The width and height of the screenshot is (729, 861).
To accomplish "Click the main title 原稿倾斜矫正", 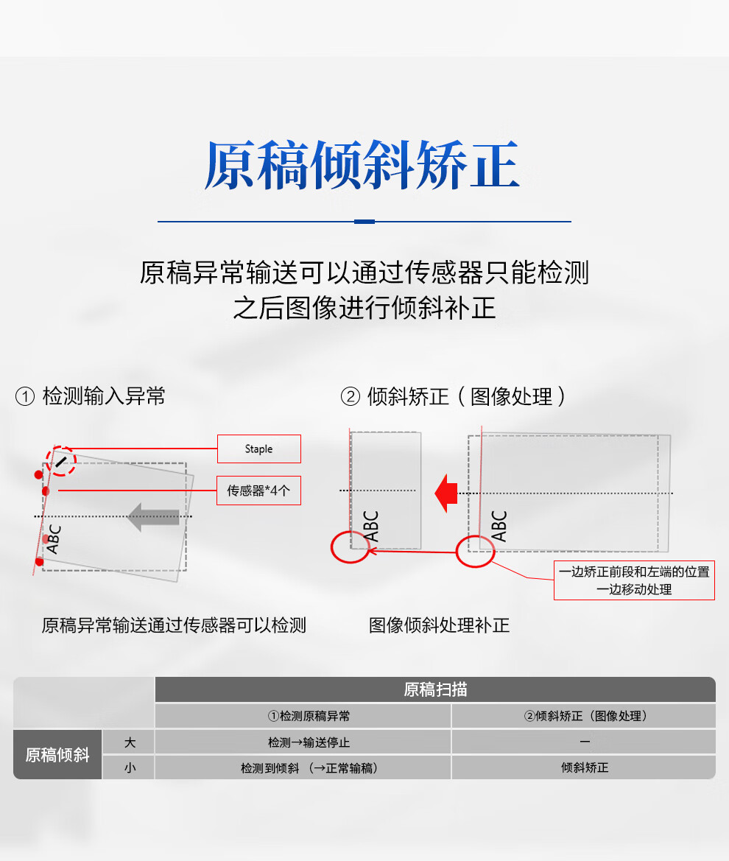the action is click(362, 165).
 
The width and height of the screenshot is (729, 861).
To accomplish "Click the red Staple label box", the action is click(259, 449).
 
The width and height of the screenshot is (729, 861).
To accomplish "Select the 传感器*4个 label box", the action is click(258, 491).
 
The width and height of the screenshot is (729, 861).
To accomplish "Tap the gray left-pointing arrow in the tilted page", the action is click(153, 517).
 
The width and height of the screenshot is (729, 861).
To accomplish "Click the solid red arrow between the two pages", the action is click(445, 493).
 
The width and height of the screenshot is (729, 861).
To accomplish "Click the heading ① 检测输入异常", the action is click(90, 396).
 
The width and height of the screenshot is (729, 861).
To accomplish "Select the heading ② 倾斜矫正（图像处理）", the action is click(453, 396).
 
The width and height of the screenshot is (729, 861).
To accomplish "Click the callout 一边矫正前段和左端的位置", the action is click(634, 572).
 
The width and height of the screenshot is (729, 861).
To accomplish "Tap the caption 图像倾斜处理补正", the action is click(439, 625).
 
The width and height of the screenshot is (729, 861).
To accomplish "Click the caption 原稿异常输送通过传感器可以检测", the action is click(174, 625).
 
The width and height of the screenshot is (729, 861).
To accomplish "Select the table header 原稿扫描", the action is click(435, 689).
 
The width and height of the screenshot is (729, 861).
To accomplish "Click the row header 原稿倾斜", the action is click(57, 754).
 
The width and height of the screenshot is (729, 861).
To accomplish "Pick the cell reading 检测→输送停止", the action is click(309, 742).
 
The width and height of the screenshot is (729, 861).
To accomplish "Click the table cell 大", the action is click(130, 742).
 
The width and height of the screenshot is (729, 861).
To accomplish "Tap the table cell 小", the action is click(130, 767).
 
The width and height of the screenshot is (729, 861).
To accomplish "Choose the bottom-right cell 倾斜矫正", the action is click(585, 767).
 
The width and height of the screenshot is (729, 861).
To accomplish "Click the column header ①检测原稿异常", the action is click(309, 716).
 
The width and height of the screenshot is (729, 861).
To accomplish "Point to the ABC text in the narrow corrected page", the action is click(371, 526).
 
